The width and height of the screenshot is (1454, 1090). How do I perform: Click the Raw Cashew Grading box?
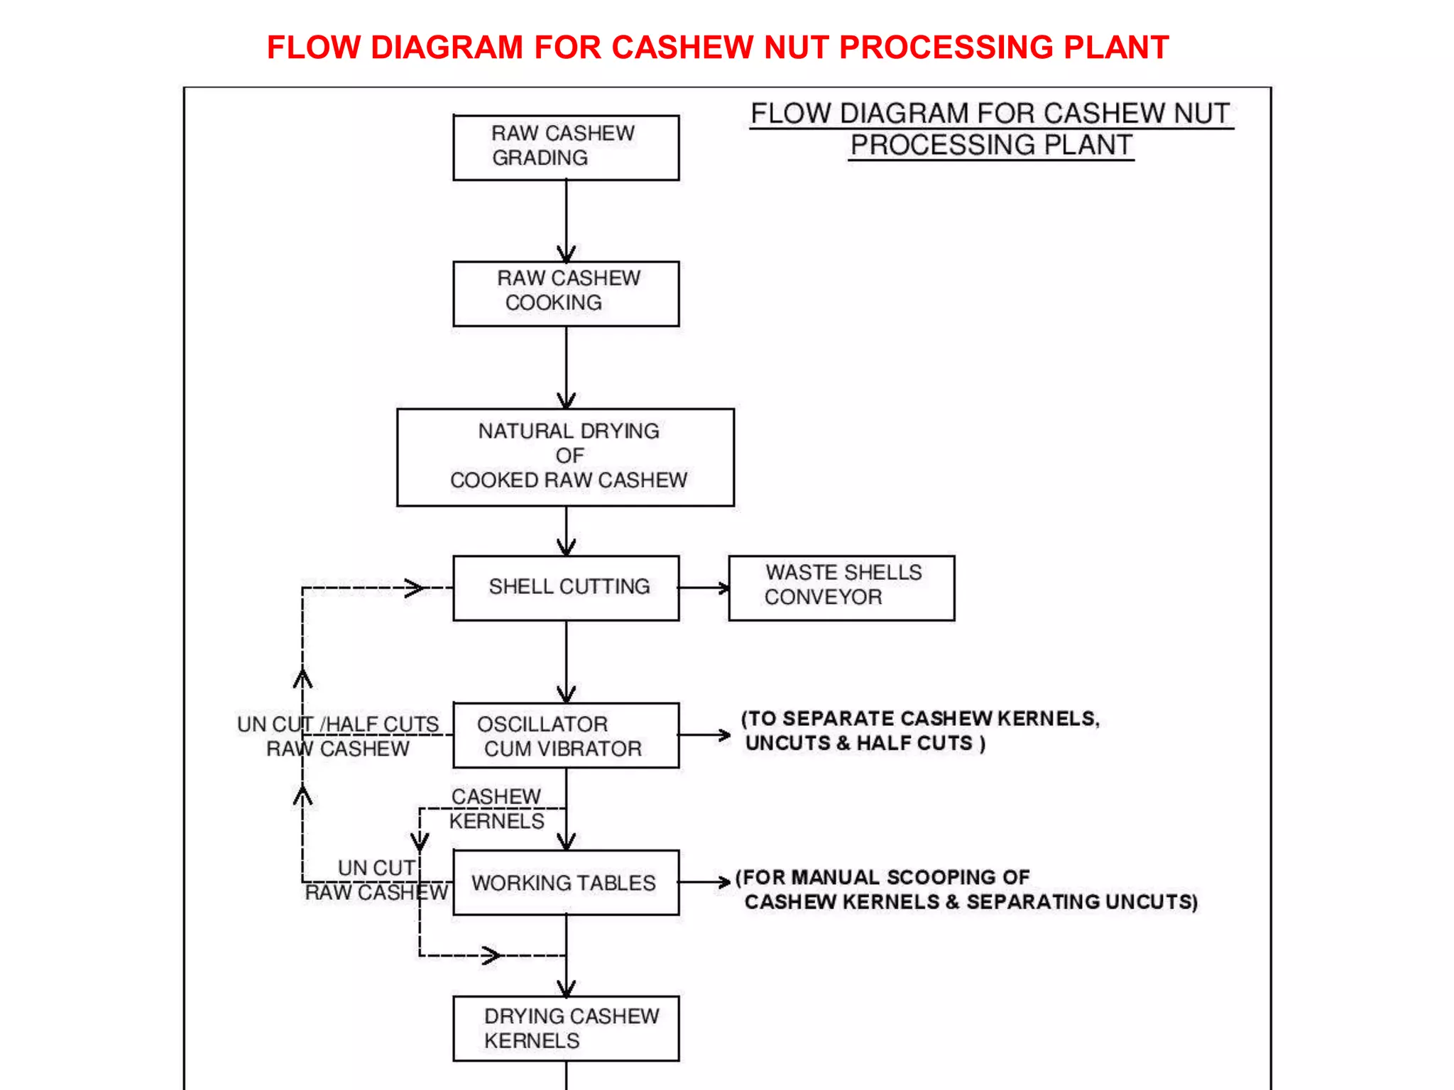[x=566, y=148]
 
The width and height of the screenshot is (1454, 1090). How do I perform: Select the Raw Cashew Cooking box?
[x=566, y=294]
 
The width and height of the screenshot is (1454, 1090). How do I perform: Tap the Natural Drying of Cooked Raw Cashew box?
[x=566, y=457]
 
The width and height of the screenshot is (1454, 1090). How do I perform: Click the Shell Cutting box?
[x=566, y=588]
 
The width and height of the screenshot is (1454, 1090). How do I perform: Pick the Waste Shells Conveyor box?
[x=841, y=588]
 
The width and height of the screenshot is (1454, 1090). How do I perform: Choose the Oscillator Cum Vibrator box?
[x=566, y=735]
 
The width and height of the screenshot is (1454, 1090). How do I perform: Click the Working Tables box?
[x=566, y=882]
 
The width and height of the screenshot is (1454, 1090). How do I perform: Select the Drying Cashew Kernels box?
[x=566, y=1028]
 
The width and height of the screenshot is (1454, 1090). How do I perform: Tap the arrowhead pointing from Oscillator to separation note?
[x=723, y=735]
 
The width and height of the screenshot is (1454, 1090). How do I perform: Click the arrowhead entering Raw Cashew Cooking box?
[x=566, y=254]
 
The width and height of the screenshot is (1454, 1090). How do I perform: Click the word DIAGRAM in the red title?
[x=446, y=48]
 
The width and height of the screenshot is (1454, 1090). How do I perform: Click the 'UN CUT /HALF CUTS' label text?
[x=338, y=724]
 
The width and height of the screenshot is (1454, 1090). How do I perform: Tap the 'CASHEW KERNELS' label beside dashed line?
[x=496, y=809]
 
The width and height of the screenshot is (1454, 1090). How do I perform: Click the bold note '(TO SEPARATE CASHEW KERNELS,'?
[x=920, y=718]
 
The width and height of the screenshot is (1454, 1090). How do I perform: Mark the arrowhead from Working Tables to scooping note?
[x=723, y=882]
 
